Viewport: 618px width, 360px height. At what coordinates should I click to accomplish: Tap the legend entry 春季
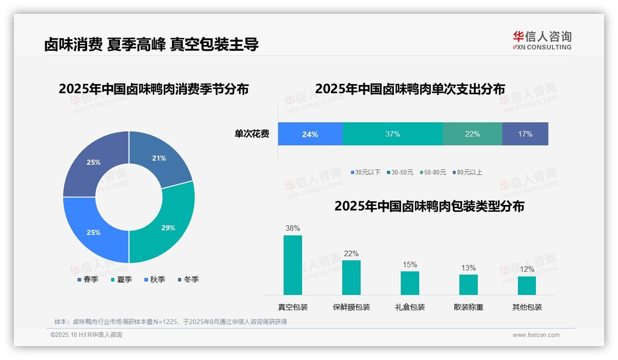click(x=87, y=279)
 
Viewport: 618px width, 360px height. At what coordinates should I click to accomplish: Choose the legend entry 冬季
click(x=188, y=279)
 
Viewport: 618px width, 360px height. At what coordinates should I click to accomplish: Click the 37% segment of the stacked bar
click(x=392, y=134)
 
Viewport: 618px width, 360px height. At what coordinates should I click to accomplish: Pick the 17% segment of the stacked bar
click(x=525, y=134)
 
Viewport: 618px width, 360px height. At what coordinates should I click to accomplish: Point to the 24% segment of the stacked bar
click(x=310, y=134)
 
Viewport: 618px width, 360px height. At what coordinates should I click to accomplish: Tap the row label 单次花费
click(x=252, y=134)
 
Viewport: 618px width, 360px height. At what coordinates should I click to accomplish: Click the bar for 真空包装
click(x=292, y=265)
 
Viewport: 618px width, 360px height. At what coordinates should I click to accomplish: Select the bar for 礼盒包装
click(x=410, y=283)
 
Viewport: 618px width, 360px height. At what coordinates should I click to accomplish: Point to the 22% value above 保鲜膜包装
click(x=351, y=253)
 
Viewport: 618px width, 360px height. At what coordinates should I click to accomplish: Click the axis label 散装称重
click(x=469, y=307)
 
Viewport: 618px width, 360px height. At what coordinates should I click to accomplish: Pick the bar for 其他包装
click(x=527, y=285)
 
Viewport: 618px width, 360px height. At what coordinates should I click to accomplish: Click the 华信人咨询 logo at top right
click(x=542, y=40)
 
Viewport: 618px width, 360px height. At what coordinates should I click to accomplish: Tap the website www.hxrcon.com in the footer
click(x=536, y=335)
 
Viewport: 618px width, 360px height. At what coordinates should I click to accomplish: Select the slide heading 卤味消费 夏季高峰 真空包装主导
click(x=151, y=44)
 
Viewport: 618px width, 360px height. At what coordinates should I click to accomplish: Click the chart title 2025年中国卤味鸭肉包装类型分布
click(x=429, y=206)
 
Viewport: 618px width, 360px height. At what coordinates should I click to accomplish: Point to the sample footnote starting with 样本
click(x=171, y=322)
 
